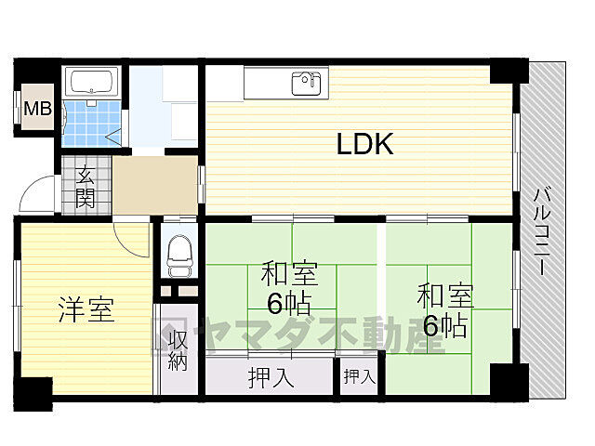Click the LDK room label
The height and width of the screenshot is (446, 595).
pyautogui.click(x=365, y=144)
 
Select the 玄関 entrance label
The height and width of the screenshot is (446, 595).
pyautogui.click(x=85, y=186)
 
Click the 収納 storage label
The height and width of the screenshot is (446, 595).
pyautogui.click(x=178, y=349)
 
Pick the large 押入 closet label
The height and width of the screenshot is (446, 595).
pyautogui.click(x=271, y=378)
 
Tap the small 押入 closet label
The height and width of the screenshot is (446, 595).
pyautogui.click(x=359, y=376)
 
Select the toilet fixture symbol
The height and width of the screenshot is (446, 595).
pyautogui.click(x=179, y=250)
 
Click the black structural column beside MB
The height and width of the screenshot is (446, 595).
pyautogui.click(x=36, y=71)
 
